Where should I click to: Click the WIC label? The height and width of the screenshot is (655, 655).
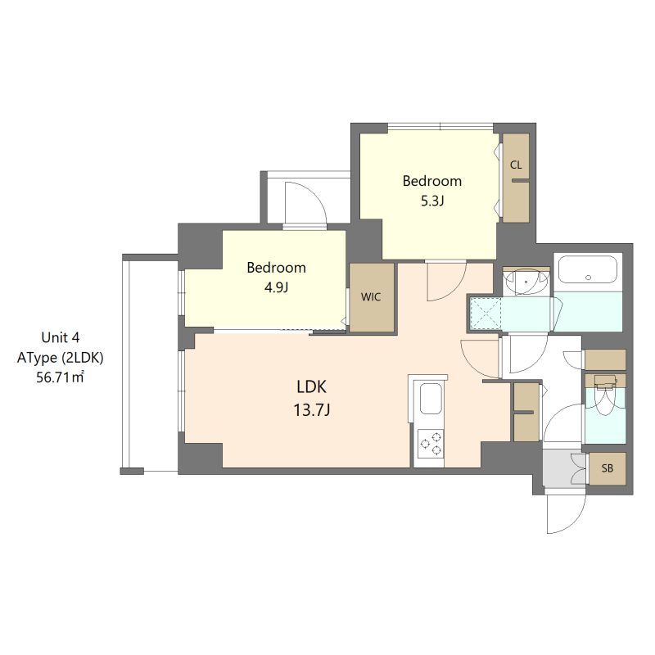click(x=371, y=297)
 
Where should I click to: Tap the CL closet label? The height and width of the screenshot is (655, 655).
click(x=516, y=165)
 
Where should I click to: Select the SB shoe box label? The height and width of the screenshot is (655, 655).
click(x=608, y=468)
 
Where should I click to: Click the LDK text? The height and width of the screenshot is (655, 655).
click(x=311, y=386)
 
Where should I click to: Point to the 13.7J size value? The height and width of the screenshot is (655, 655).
click(x=312, y=410)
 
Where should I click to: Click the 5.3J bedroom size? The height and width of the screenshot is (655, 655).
click(x=432, y=201)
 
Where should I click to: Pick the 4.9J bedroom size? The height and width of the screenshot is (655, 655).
click(x=276, y=287)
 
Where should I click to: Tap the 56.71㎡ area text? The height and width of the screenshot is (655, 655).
click(x=60, y=377)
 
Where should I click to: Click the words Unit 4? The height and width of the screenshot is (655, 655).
click(x=60, y=337)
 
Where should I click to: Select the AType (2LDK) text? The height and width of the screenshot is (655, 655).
click(x=60, y=358)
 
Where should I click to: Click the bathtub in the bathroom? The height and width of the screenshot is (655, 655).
click(x=588, y=270)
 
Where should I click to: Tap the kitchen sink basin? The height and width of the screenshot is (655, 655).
click(x=431, y=399)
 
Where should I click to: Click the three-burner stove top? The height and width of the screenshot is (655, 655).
click(x=431, y=443)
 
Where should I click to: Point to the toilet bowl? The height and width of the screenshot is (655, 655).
click(x=605, y=401)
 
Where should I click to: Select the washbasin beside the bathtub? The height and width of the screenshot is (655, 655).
click(x=526, y=282)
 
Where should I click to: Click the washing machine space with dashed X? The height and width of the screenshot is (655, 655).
click(x=485, y=314)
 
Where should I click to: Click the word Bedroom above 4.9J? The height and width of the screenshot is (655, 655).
click(x=276, y=268)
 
